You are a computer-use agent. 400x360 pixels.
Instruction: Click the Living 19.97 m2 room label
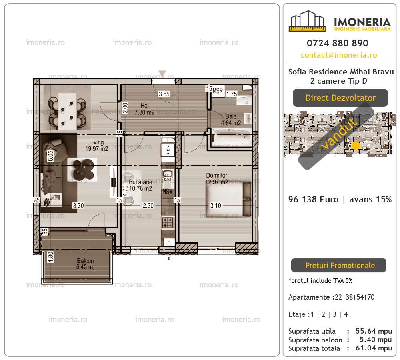[96, 146]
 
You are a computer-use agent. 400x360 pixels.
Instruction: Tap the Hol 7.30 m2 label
[144, 109]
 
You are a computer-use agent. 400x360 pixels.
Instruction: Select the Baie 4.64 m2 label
[231, 120]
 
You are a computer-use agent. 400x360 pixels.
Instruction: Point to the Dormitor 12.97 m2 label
[216, 178]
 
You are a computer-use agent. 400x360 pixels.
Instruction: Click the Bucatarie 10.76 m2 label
[140, 185]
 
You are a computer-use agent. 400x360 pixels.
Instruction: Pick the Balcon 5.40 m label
[85, 264]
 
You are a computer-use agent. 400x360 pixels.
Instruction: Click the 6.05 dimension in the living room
[50, 156]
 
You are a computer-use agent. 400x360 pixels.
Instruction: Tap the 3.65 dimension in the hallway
[164, 94]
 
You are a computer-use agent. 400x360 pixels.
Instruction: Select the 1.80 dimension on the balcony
[50, 257]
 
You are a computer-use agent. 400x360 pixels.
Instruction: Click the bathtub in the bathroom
[231, 137]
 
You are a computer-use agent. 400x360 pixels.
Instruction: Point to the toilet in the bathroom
[244, 100]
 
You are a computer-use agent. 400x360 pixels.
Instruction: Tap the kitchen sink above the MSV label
[168, 176]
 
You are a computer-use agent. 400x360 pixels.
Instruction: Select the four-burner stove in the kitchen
[168, 222]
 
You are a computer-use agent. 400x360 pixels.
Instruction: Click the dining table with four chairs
[67, 111]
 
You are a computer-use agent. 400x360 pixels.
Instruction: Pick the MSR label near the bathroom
[218, 91]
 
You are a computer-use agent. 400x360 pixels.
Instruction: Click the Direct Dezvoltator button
[340, 98]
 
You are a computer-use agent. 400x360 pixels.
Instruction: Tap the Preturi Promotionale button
[339, 265]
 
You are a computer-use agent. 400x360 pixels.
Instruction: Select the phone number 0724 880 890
[338, 43]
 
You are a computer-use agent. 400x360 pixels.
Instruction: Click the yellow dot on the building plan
[356, 146]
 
